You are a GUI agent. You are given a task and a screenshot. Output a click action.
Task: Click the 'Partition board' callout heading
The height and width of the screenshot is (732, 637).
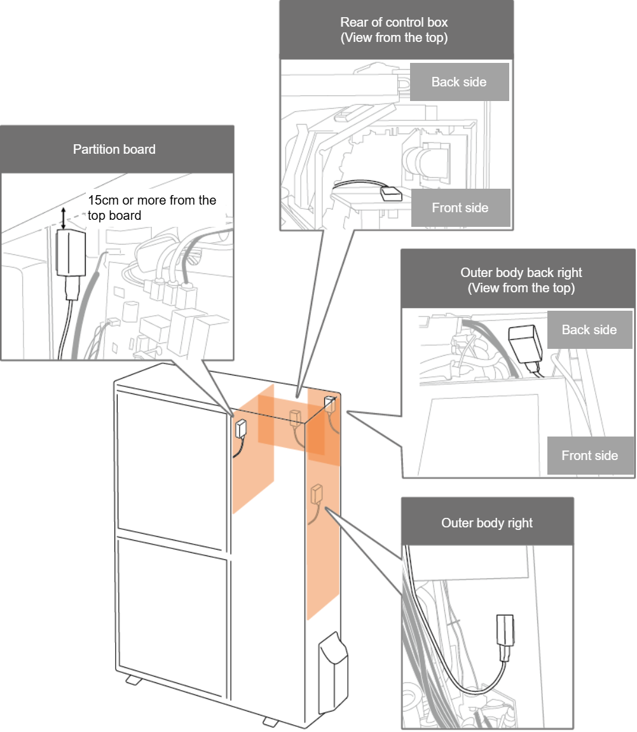click(114, 149)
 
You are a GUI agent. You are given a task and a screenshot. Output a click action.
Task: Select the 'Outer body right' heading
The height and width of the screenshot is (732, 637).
click(486, 523)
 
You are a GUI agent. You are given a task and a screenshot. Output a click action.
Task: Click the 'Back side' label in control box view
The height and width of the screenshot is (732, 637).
click(459, 82)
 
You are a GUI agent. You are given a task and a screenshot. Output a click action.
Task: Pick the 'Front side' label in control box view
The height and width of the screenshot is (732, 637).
click(460, 208)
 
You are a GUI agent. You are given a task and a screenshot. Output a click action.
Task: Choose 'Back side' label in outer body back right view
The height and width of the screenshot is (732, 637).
click(589, 330)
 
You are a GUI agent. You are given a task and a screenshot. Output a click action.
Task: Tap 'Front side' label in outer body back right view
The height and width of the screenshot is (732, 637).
click(590, 456)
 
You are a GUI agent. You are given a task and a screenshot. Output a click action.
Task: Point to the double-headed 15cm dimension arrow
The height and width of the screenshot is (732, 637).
click(63, 217)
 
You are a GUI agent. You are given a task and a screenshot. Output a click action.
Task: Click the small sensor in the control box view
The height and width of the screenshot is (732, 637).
click(389, 192)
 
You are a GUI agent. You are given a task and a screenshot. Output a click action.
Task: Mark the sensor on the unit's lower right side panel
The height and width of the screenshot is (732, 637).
click(315, 492)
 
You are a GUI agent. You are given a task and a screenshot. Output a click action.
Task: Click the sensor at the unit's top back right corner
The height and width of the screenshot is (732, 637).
click(329, 403)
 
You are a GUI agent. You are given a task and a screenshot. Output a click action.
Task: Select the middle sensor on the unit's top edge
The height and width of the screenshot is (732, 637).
click(294, 417)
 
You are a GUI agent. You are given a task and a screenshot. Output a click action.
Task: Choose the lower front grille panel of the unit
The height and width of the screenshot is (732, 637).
click(172, 613)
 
